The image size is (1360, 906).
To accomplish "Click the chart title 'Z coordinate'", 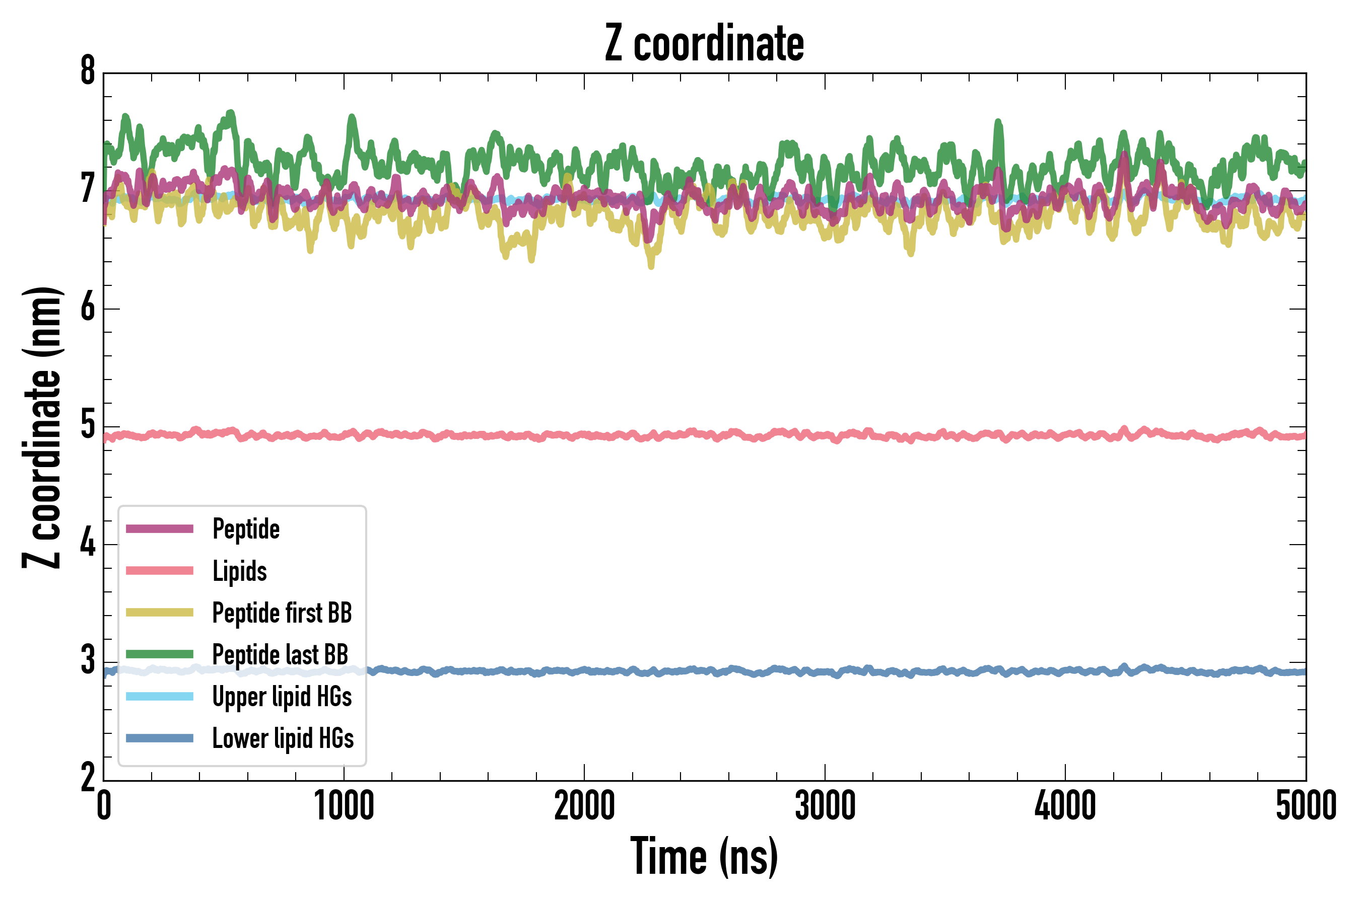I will pyautogui.click(x=704, y=44).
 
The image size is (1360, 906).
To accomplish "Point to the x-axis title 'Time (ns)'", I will pyautogui.click(x=704, y=856).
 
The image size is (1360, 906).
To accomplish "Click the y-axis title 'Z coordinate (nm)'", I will pyautogui.click(x=42, y=427).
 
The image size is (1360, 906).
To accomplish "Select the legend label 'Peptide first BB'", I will pyautogui.click(x=282, y=613).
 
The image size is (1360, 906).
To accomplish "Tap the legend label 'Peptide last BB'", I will pyautogui.click(x=280, y=655).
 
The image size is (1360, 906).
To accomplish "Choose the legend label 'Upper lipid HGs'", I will pyautogui.click(x=282, y=697).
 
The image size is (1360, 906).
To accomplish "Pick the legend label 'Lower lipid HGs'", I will pyautogui.click(x=283, y=738).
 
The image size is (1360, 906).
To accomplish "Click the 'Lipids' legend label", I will pyautogui.click(x=239, y=571).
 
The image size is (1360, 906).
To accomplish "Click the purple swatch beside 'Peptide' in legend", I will pyautogui.click(x=160, y=528).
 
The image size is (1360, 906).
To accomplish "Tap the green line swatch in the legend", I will pyautogui.click(x=160, y=654).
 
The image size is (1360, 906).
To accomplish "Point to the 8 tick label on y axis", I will pyautogui.click(x=88, y=71).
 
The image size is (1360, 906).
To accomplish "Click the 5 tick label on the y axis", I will pyautogui.click(x=88, y=425).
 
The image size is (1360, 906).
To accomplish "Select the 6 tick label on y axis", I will pyautogui.click(x=88, y=308).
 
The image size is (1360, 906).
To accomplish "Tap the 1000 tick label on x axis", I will pyautogui.click(x=344, y=806).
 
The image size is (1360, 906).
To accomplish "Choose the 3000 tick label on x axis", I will pyautogui.click(x=825, y=806).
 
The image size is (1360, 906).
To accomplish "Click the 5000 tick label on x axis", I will pyautogui.click(x=1306, y=806).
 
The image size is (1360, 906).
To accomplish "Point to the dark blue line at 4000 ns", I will pyautogui.click(x=1065, y=671).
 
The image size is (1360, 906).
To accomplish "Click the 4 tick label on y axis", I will pyautogui.click(x=88, y=544).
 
